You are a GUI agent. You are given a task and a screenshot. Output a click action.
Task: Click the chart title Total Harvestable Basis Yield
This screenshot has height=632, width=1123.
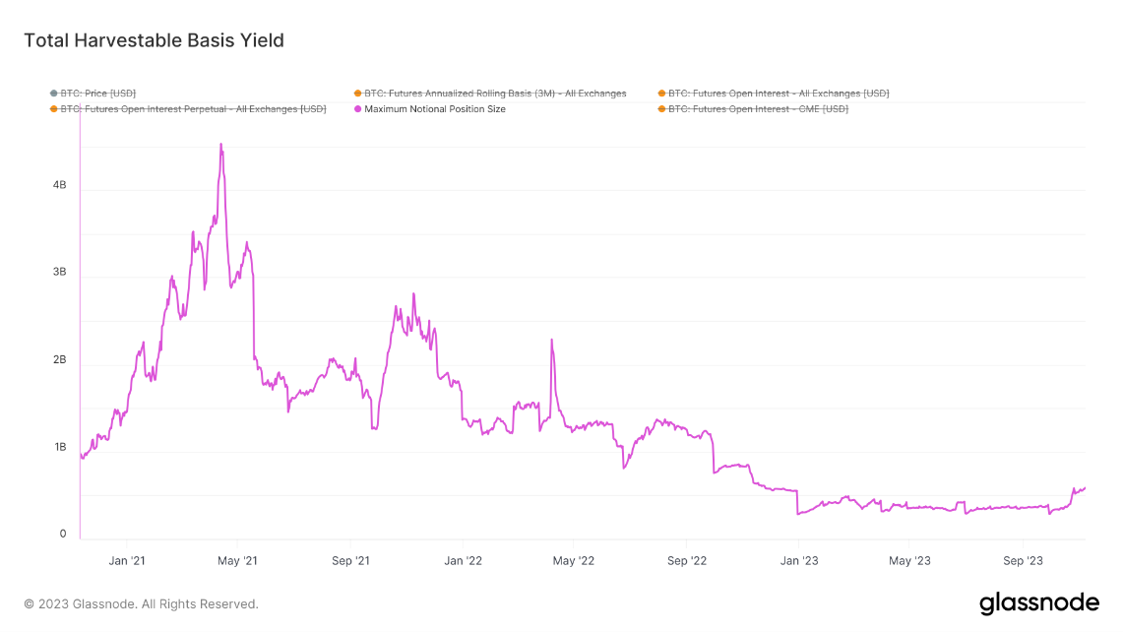coord(154,40)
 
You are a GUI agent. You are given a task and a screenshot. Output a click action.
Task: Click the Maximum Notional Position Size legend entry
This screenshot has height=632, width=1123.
coord(434,109)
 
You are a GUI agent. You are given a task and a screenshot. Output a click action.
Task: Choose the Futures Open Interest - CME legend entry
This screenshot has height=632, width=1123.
coord(757,109)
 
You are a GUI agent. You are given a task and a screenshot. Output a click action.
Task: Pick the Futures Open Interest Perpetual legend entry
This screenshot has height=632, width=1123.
coord(193,109)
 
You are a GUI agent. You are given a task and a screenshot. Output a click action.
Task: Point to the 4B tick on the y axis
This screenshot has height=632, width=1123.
coord(59,185)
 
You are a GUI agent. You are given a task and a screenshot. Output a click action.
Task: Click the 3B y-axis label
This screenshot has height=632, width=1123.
coord(59,273)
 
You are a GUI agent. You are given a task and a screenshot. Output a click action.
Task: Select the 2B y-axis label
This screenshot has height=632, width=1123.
coord(59,360)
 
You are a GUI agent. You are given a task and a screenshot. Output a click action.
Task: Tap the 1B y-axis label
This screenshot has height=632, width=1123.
coord(59,448)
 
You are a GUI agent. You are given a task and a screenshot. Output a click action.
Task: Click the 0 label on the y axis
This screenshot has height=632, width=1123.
coord(63,535)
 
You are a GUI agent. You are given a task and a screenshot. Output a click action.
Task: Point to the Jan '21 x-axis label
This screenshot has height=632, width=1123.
coord(126,561)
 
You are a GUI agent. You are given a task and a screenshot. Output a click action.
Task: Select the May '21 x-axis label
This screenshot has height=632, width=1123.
coord(237,561)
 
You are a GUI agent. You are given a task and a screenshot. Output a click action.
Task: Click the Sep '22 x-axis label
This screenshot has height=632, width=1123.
coord(687,561)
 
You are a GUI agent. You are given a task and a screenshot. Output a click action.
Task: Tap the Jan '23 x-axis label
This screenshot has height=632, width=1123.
coord(798,561)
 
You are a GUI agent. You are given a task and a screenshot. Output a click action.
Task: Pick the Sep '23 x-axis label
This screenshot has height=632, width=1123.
coord(1023,561)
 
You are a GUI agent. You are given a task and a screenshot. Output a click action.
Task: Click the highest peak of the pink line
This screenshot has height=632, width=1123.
coord(220,145)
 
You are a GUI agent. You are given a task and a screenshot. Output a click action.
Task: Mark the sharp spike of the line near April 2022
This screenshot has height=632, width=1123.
coord(551,341)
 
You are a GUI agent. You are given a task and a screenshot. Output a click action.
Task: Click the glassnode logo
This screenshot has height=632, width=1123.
coord(1038,602)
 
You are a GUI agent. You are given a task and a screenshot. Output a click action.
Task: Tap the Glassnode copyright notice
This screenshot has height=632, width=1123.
coord(141,604)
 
